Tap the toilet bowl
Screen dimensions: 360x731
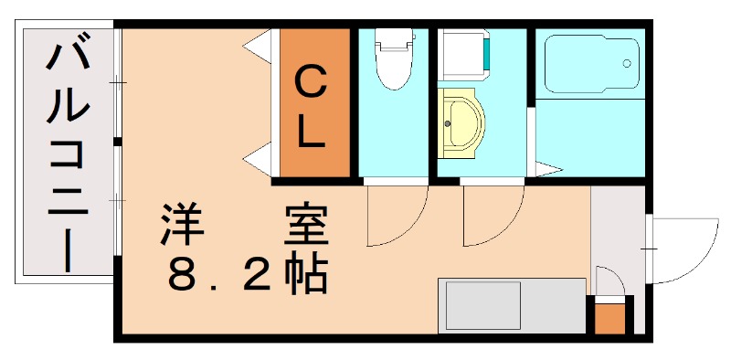[x=394, y=60]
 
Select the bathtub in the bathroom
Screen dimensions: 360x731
[x=589, y=64]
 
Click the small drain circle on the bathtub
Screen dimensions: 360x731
[x=627, y=63]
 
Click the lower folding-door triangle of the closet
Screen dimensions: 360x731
[x=260, y=159]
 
